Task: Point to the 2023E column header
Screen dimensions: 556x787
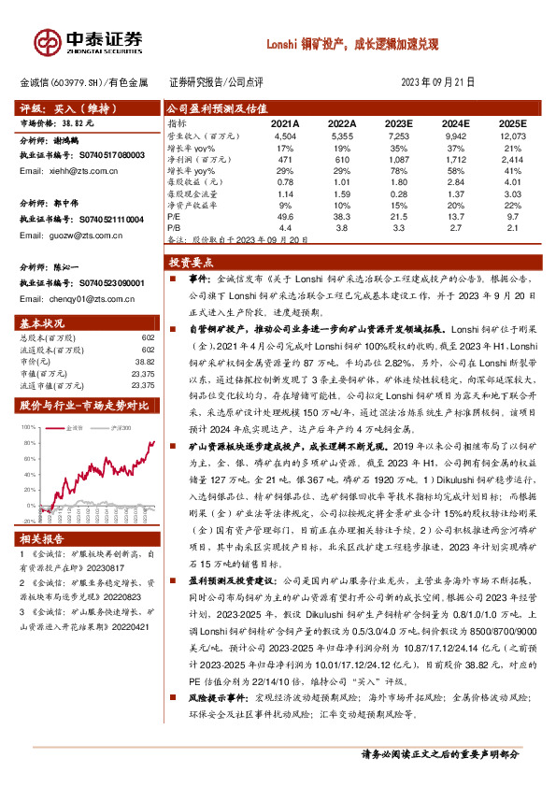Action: [400, 123]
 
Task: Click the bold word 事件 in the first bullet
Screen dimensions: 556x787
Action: [189, 279]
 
